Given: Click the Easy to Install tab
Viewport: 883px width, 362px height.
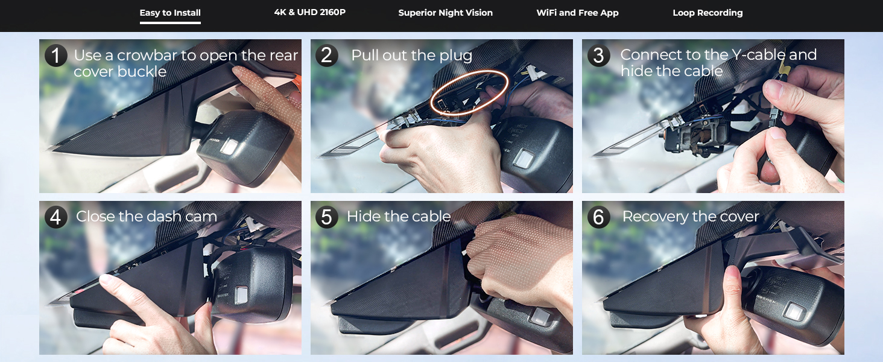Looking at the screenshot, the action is click(x=170, y=13).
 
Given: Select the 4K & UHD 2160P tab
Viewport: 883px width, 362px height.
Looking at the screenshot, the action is click(x=310, y=12).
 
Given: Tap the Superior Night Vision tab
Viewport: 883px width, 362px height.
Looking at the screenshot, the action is click(x=445, y=13).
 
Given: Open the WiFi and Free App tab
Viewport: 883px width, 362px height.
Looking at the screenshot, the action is click(x=577, y=13).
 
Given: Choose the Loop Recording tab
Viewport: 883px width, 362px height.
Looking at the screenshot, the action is click(x=707, y=13).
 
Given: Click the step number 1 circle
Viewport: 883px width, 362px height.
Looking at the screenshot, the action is click(x=55, y=56).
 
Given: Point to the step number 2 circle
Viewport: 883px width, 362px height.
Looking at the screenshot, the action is click(x=326, y=56).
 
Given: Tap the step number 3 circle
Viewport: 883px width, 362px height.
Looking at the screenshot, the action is click(x=598, y=56).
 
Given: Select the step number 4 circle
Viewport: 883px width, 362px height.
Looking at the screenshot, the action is click(x=55, y=217).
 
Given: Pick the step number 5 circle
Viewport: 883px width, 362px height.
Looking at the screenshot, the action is click(x=326, y=217).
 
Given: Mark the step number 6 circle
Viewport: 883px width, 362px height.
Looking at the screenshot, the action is click(x=598, y=217).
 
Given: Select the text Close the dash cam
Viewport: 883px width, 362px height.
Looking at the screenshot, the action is click(x=146, y=217).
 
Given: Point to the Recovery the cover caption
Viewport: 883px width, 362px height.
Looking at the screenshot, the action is click(x=690, y=217).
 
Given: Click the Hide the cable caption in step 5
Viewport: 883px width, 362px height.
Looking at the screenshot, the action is click(x=399, y=217).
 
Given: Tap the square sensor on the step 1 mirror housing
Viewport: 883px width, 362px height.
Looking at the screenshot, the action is click(x=230, y=146).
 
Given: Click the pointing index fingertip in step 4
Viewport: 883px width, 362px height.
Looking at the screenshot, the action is click(x=106, y=281).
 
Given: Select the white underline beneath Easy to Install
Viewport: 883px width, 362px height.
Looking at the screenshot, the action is click(x=170, y=23).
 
